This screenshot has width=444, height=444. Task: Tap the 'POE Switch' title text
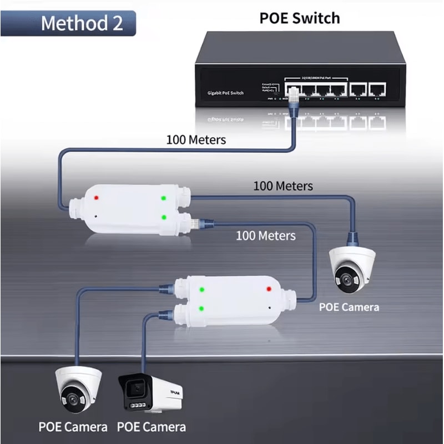tap(300, 18)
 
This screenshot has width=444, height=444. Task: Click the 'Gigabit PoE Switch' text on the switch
tap(225, 93)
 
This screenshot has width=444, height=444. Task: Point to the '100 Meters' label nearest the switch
tap(196, 139)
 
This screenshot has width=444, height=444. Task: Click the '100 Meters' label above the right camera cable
tap(283, 186)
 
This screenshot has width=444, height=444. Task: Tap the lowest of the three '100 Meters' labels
tap(265, 235)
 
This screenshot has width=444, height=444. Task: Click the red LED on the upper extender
tap(97, 198)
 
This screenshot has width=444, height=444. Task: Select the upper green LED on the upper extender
tap(163, 198)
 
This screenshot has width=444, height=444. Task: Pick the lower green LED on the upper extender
tap(163, 217)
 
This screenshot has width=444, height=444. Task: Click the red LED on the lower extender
tap(269, 289)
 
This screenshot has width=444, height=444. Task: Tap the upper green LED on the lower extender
tap(202, 289)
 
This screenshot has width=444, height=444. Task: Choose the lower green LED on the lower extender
tap(202, 308)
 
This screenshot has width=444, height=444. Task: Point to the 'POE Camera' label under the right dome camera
tap(349, 307)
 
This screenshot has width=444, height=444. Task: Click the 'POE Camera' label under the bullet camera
tap(151, 427)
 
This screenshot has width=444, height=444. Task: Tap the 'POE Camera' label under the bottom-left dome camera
tap(73, 427)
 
